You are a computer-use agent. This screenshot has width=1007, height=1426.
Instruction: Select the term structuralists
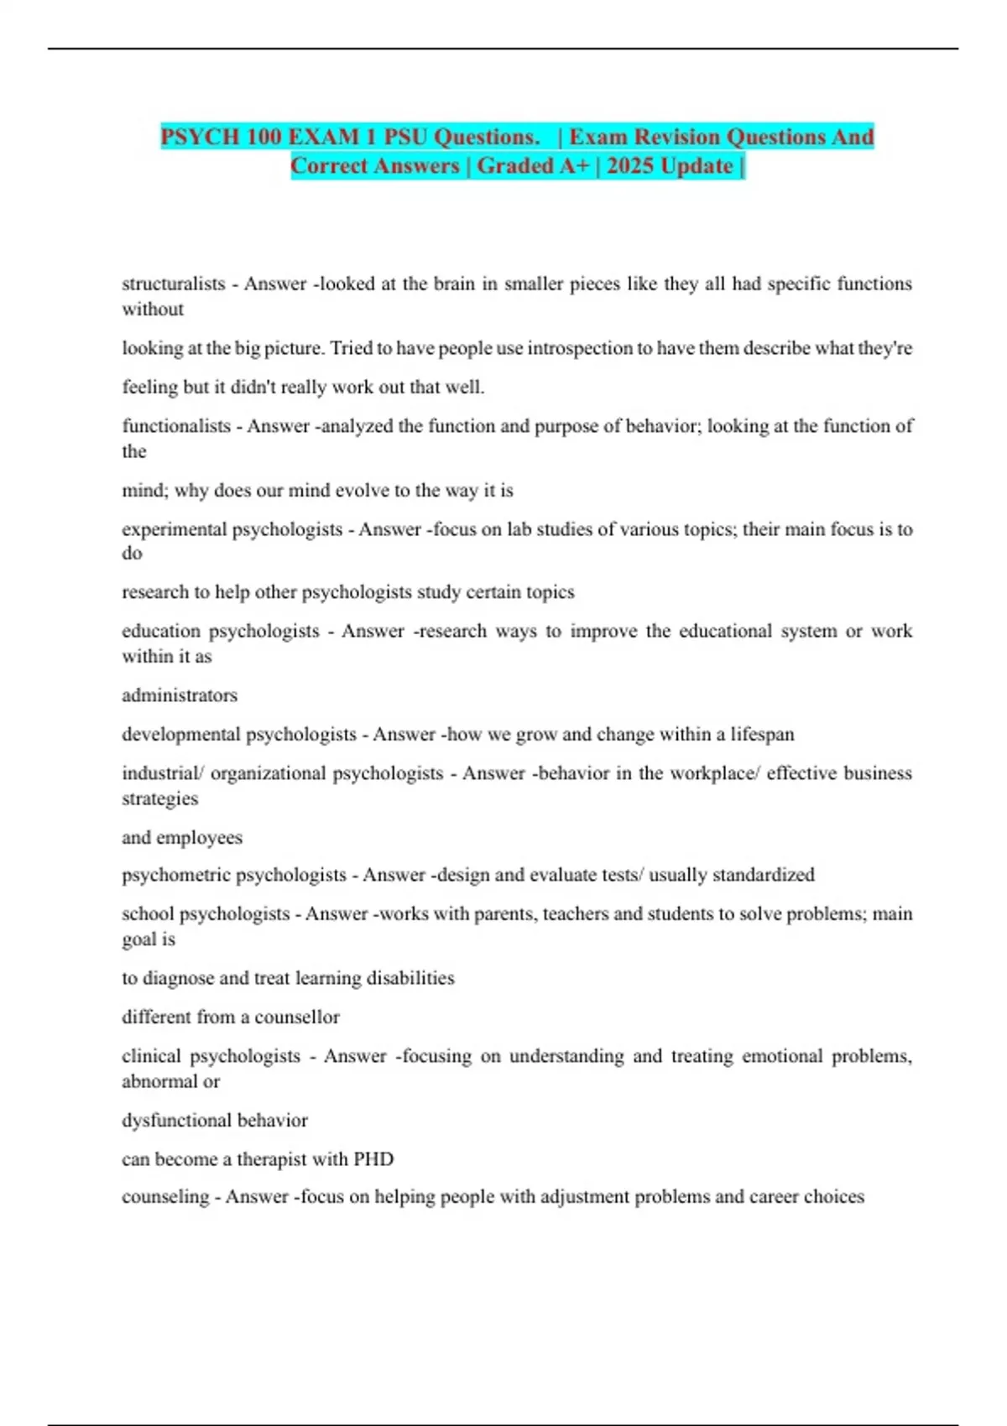coord(174,284)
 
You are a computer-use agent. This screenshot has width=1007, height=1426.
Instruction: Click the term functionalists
coord(176,426)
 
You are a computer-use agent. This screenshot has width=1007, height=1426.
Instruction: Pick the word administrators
coord(180,695)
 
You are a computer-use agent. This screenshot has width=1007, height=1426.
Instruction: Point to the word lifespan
coord(762,735)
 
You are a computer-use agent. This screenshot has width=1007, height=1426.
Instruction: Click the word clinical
coord(151,1056)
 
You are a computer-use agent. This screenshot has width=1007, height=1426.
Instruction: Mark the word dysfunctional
coord(175,1121)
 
